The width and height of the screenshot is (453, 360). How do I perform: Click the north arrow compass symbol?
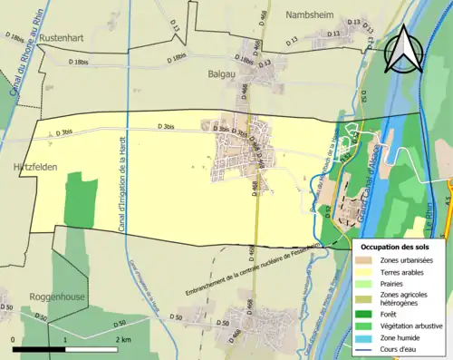pyautogui.click(x=401, y=50)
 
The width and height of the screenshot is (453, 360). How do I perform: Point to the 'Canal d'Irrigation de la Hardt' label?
pyautogui.click(x=120, y=181)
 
